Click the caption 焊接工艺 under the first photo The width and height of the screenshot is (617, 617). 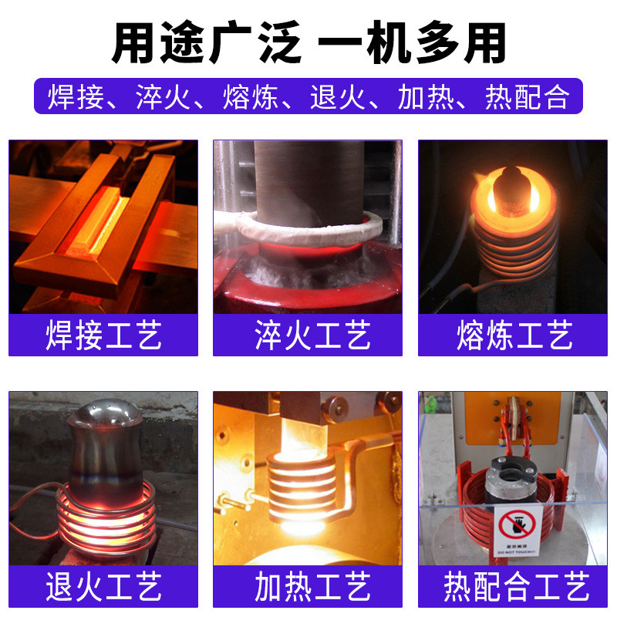(x=103, y=336)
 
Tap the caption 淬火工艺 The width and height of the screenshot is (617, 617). (x=308, y=336)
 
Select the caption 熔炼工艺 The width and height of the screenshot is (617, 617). (x=514, y=336)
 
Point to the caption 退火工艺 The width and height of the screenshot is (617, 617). (x=103, y=587)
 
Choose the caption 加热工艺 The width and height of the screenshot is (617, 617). (x=308, y=587)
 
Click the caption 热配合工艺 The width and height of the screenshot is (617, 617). (x=514, y=587)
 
